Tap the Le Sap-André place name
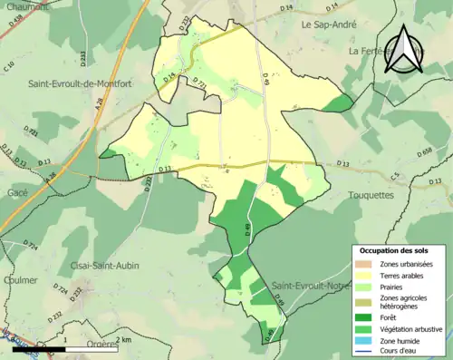pos(332,26)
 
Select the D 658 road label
pos(426,154)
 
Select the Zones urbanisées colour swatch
pos(369,263)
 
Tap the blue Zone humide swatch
pos(369,341)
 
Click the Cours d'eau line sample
pos(369,352)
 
